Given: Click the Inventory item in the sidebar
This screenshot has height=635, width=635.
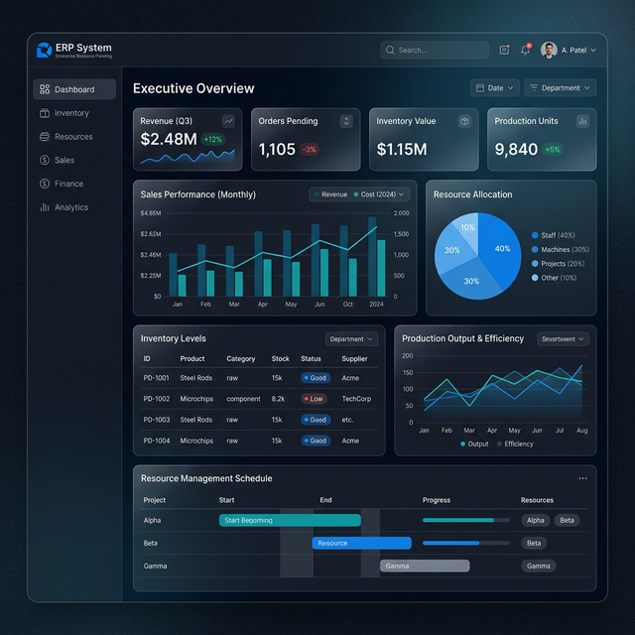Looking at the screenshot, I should coord(70,113).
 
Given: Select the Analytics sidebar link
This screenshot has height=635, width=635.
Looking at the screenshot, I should coord(70,207).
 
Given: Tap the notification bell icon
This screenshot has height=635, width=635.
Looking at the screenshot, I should coord(525,50).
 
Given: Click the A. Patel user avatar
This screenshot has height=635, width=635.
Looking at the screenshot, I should coord(549,50).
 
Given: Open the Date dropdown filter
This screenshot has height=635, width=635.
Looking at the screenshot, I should coord(494,87).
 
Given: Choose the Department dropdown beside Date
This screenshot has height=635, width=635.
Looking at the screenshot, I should coord(560,87).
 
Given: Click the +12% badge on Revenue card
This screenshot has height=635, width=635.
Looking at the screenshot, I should coord(213,140).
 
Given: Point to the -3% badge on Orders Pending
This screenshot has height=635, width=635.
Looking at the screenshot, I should coord(310,150).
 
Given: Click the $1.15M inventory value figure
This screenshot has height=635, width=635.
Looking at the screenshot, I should coord(402,150).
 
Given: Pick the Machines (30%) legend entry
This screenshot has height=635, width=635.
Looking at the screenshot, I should coord(565,250).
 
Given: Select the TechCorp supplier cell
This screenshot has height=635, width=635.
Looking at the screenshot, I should coord(357,399).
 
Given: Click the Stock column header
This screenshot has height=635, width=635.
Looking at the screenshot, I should coord(281,359).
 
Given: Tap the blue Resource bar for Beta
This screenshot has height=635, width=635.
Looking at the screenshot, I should coord(361,543).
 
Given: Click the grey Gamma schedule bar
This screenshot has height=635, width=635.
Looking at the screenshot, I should coord(425,566).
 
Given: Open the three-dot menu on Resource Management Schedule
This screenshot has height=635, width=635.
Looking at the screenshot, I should coord(582,478).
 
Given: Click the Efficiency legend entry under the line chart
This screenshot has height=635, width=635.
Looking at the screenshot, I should coord(516,444).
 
